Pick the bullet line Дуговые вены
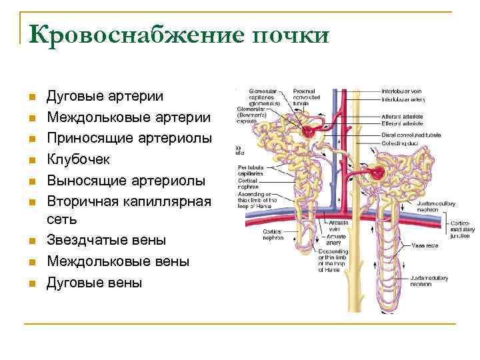pos(94,282)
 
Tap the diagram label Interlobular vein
pos(402,90)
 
